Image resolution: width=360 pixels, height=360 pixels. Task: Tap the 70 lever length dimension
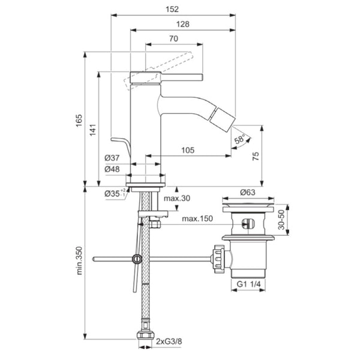coord(173,38)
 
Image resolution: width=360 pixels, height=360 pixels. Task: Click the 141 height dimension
coord(92,130)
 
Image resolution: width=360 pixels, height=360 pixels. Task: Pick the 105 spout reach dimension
coord(188,151)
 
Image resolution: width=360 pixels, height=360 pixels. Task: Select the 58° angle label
coord(239,140)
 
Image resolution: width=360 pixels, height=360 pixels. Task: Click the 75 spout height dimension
coord(256,155)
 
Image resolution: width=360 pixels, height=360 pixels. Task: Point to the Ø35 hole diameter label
coord(112,193)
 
